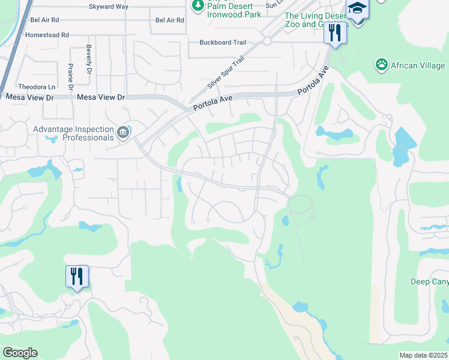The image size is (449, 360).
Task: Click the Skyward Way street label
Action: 109,7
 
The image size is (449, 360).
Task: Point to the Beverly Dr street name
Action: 88,59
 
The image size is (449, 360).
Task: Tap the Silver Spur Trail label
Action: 226,73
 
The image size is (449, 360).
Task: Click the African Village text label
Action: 418,65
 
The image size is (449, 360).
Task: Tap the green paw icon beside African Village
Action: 381,64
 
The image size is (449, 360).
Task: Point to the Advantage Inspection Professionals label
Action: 73,133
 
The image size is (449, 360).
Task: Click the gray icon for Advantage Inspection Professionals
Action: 123,132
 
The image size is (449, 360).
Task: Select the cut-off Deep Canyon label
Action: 429,281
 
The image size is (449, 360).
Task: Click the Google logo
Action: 19,353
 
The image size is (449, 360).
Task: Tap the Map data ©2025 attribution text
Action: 423,355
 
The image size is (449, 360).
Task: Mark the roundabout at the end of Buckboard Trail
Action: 267,41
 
